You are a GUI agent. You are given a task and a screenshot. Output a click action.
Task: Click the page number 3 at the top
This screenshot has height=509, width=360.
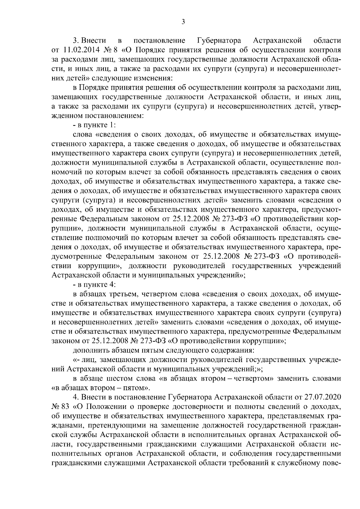coord(183,21)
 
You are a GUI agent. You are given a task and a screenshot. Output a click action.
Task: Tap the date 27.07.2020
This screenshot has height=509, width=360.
coord(325,397)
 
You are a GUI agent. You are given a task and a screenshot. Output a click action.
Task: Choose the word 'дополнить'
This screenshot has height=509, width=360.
coord(88,350)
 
